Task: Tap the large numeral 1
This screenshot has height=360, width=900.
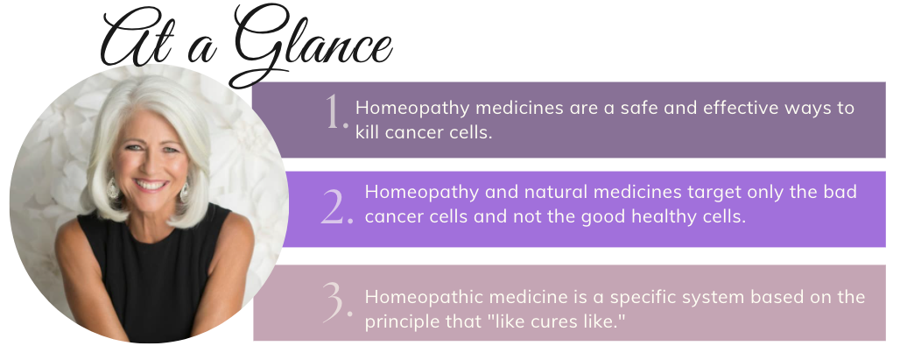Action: tap(337, 111)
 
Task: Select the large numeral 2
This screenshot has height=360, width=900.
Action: tap(337, 206)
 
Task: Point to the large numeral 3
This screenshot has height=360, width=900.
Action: tap(337, 300)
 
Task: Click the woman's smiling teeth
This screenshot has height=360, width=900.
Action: tap(151, 185)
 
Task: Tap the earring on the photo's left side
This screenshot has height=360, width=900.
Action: tap(112, 188)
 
